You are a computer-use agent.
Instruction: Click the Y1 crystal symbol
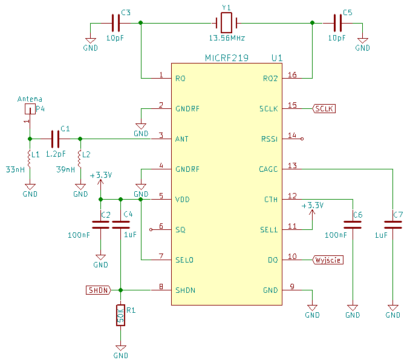tap(226, 23)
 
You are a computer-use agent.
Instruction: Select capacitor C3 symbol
tap(116, 23)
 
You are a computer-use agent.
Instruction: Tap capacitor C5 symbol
tap(337, 23)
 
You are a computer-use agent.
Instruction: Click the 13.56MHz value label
tap(227, 38)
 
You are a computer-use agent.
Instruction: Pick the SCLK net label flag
tap(324, 108)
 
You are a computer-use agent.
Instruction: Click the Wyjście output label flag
tap(328, 260)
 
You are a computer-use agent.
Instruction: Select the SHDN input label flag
tap(99, 290)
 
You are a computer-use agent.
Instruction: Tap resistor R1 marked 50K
tap(120, 315)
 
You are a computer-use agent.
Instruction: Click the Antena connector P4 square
tap(30, 109)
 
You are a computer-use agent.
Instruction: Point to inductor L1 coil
tap(29, 159)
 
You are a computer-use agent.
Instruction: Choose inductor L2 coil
tap(79, 159)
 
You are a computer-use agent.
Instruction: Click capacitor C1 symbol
tap(55, 139)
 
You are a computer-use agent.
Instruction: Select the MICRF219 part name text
tap(227, 58)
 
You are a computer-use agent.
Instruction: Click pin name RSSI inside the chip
tap(269, 139)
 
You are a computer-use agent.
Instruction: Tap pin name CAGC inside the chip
tap(268, 169)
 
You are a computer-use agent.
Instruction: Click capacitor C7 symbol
tap(392, 224)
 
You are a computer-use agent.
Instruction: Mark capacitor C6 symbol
tap(353, 224)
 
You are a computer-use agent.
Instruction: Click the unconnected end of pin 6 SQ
tap(151, 230)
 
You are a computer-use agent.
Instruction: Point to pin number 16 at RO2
tap(292, 75)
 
